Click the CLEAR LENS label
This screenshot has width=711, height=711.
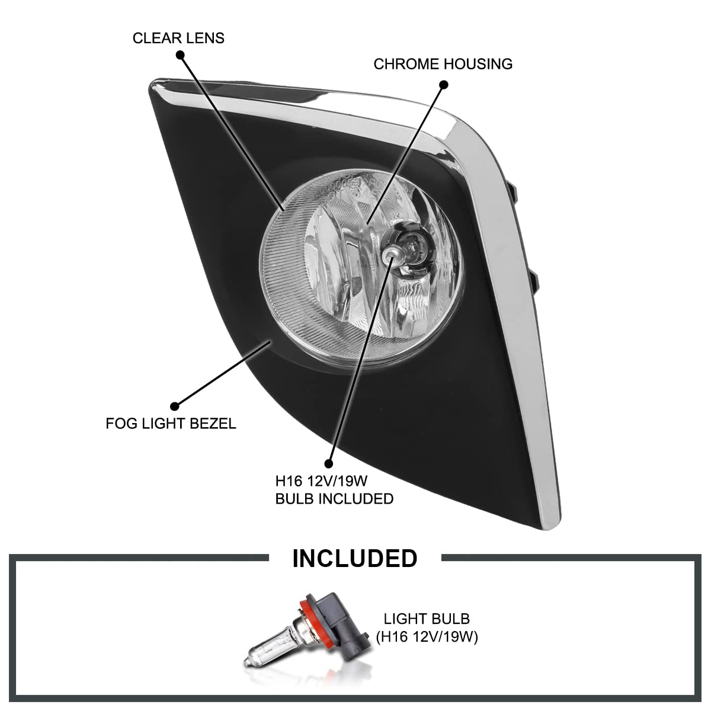pos(178,39)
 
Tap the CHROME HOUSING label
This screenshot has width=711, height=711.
pos(443,64)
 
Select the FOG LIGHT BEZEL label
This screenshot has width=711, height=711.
pos(171,423)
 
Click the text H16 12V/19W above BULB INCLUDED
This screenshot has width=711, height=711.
pos(321,481)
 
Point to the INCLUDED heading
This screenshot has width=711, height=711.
pos(354,558)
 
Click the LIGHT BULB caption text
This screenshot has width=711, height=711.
pos(427,619)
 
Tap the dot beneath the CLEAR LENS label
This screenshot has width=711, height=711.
pos(180,55)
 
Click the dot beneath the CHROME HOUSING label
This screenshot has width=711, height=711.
pos(444,85)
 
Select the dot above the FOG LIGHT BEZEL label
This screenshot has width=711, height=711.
pos(175,406)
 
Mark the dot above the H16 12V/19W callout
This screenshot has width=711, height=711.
pos(328,464)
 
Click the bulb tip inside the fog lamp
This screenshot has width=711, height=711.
pos(390,253)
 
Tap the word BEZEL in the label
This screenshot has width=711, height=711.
pos(213,423)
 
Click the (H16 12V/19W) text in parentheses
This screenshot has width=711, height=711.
pos(427,637)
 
